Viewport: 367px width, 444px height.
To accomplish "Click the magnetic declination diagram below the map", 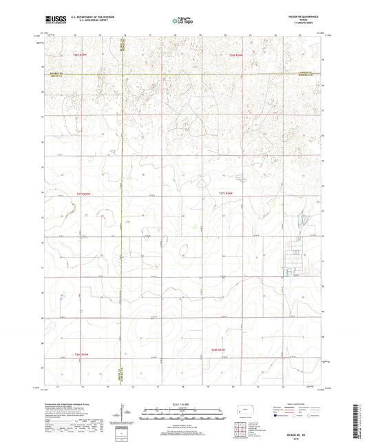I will point(123,416).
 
